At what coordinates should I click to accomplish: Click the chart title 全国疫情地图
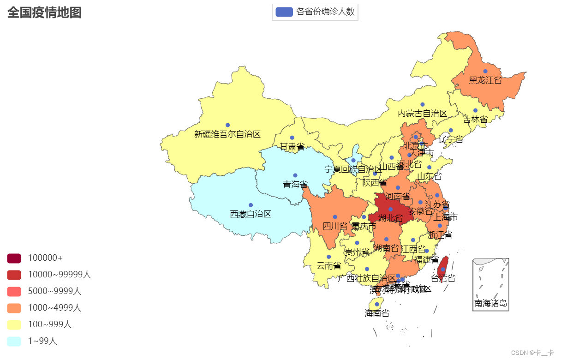tap(44, 12)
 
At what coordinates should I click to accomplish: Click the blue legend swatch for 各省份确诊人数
tap(284, 12)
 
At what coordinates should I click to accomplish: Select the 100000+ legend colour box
tap(14, 258)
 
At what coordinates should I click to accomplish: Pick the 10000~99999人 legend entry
tap(60, 275)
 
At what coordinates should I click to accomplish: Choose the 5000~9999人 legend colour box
tap(14, 291)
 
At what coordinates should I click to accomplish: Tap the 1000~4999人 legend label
tap(54, 308)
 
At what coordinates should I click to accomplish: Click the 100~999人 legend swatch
tap(14, 324)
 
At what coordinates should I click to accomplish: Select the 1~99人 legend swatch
tap(14, 341)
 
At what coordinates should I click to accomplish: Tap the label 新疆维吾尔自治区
tap(227, 134)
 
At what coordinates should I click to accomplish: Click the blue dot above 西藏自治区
tap(251, 205)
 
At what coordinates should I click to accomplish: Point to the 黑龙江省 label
tap(485, 80)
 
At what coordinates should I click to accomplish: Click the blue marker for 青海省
tap(295, 175)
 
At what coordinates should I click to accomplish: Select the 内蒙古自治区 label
tap(422, 114)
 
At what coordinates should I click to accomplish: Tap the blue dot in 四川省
tap(335, 217)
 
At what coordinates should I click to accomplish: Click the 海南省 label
tap(377, 314)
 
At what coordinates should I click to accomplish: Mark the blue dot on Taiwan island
tap(443, 270)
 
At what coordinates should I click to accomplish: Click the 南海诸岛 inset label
tap(490, 304)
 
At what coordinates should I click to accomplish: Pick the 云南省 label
tap(328, 266)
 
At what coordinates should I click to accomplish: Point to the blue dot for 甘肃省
tap(292, 138)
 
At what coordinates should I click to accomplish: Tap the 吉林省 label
tap(475, 120)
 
